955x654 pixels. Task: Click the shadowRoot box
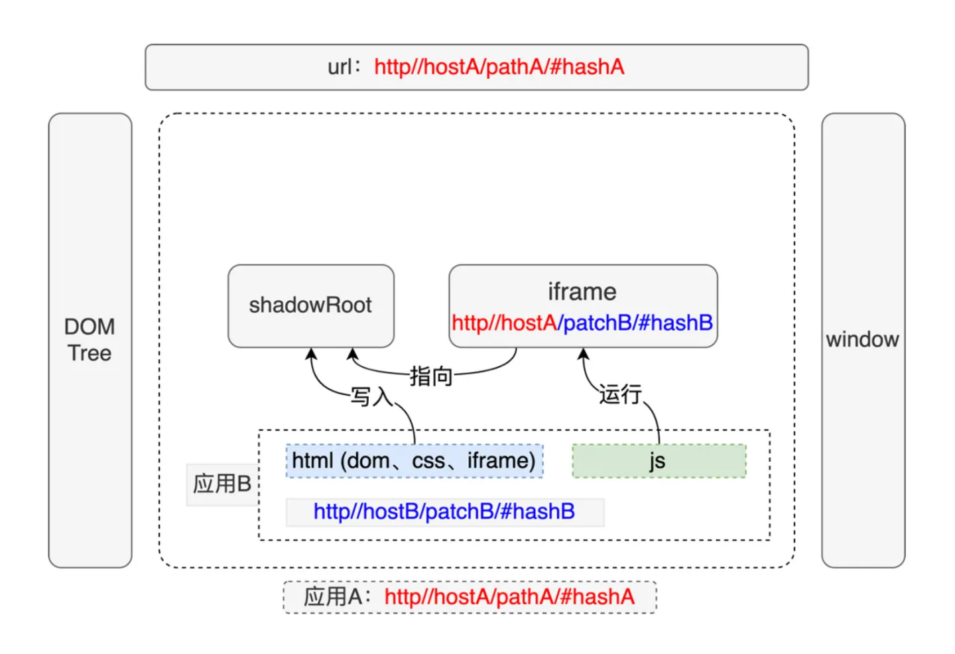(x=310, y=305)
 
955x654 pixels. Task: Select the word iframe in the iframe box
(x=582, y=292)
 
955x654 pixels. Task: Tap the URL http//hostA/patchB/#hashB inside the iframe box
(x=582, y=323)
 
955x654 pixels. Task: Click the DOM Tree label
(x=90, y=339)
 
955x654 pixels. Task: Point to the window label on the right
(x=862, y=339)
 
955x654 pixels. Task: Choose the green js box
(x=658, y=461)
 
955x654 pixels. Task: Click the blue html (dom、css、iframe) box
(x=414, y=461)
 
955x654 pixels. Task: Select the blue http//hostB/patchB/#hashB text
(x=444, y=512)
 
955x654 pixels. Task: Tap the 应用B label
(x=222, y=484)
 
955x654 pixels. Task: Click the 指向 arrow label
(x=431, y=376)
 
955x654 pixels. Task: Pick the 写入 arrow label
(x=371, y=396)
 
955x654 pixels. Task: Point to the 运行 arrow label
(x=620, y=394)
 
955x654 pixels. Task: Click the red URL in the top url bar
(x=499, y=67)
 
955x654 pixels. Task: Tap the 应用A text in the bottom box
(x=334, y=596)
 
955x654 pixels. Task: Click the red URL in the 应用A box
(x=509, y=596)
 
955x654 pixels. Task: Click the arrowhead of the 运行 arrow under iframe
(x=583, y=354)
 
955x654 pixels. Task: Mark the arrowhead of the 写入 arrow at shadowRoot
(x=311, y=354)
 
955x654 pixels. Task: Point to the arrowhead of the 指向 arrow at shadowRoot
(x=353, y=354)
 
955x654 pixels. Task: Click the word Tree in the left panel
(x=90, y=353)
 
